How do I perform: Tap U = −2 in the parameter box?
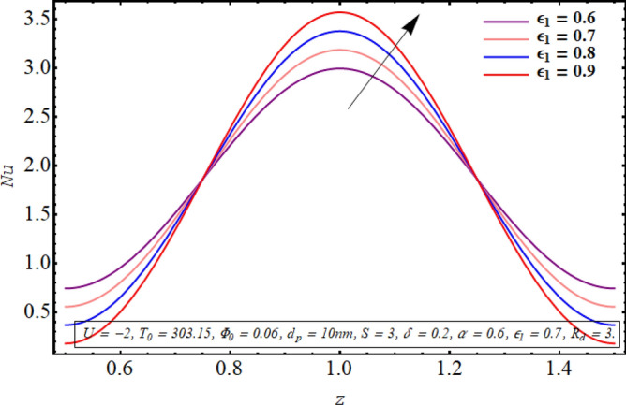[97, 332]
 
